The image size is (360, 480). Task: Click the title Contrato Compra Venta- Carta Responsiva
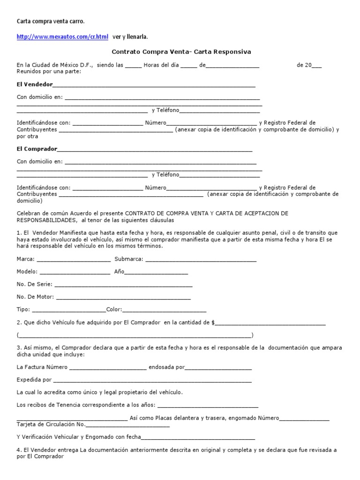(x=181, y=52)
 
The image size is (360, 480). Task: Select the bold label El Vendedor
(x=35, y=84)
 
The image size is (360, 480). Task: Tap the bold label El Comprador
(x=37, y=149)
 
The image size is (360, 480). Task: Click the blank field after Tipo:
(x=69, y=310)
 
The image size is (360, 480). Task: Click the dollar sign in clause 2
(x=214, y=322)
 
